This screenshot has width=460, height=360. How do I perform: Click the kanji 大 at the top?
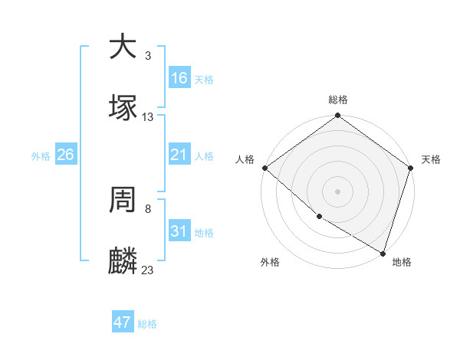[123, 47]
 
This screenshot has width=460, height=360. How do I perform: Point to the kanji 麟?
[123, 262]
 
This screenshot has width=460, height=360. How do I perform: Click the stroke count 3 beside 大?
[148, 55]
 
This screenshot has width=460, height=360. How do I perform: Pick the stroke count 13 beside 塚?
[148, 116]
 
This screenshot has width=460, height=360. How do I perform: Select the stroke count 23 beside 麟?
[148, 270]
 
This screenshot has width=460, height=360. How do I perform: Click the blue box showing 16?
[179, 78]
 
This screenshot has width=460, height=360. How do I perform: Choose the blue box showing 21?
[179, 155]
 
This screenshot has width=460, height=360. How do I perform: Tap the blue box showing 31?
[179, 231]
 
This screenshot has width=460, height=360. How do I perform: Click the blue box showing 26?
[66, 155]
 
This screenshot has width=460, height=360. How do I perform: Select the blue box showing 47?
[123, 322]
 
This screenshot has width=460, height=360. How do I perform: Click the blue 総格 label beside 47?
[147, 324]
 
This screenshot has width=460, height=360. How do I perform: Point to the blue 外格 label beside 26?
[41, 156]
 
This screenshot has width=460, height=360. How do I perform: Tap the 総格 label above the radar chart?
[338, 100]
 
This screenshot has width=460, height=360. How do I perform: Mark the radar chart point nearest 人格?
[264, 168]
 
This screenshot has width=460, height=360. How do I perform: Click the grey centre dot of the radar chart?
[338, 191]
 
